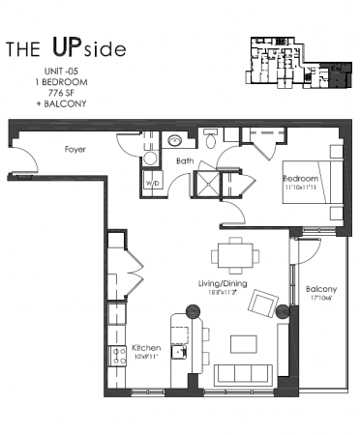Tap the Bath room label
pyautogui.click(x=186, y=161)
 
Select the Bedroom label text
pyautogui.click(x=300, y=179)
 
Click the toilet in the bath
pyautogui.click(x=212, y=135)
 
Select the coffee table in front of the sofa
pyautogui.click(x=242, y=343)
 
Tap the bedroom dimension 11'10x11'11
pyautogui.click(x=302, y=188)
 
